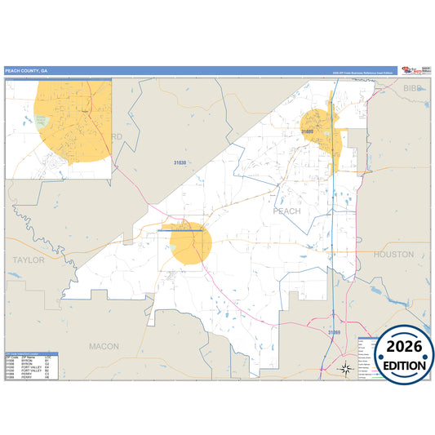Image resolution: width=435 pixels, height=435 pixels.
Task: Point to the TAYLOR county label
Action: tap(29, 259)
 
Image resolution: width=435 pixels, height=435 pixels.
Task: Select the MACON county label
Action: tap(104, 346)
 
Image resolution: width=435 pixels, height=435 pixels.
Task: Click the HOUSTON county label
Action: tap(394, 255)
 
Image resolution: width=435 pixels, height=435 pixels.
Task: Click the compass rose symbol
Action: tap(346, 369)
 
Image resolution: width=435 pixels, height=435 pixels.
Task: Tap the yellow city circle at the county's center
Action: tap(188, 242)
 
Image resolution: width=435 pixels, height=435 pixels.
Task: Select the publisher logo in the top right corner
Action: tap(402, 71)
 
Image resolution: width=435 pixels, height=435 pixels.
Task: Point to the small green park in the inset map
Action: tap(42, 122)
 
